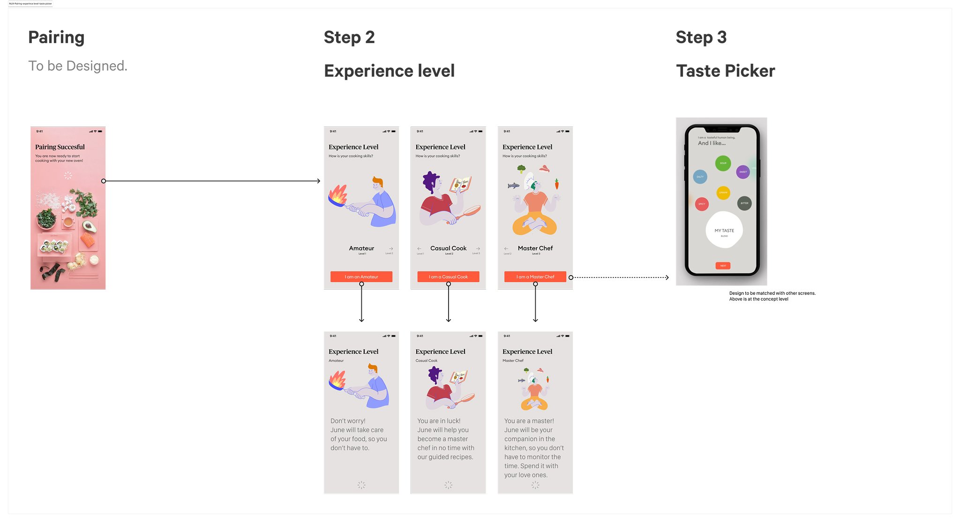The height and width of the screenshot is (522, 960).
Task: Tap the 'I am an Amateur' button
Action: pyautogui.click(x=361, y=276)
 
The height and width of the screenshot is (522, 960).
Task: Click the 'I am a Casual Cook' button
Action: pyautogui.click(x=448, y=276)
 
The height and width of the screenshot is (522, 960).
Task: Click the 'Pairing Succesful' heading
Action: pyautogui.click(x=60, y=147)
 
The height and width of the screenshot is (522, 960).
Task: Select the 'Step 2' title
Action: pyautogui.click(x=349, y=37)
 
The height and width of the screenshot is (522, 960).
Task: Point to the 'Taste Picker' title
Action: pyautogui.click(x=725, y=71)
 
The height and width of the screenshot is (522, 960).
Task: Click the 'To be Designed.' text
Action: pyautogui.click(x=78, y=66)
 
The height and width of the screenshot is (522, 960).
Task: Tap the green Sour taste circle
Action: pyautogui.click(x=723, y=163)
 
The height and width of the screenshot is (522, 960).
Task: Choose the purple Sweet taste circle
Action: pyautogui.click(x=743, y=172)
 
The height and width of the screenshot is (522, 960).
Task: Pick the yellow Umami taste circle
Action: pyautogui.click(x=723, y=193)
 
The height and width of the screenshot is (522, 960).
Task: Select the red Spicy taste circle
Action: pyautogui.click(x=702, y=204)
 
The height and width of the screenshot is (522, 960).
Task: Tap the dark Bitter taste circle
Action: pyautogui.click(x=744, y=203)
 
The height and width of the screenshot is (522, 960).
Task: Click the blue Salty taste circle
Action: pyautogui.click(x=700, y=177)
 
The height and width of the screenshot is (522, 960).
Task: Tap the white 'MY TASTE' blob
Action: pyautogui.click(x=724, y=230)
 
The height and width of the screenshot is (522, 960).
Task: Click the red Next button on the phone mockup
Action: pyautogui.click(x=723, y=266)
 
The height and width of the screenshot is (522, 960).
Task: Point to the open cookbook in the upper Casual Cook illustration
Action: pyautogui.click(x=460, y=185)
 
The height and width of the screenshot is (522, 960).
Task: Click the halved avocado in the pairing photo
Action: pyautogui.click(x=88, y=227)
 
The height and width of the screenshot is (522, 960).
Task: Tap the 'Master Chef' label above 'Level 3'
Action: pyautogui.click(x=535, y=248)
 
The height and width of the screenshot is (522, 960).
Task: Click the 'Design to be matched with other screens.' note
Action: pyautogui.click(x=772, y=293)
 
